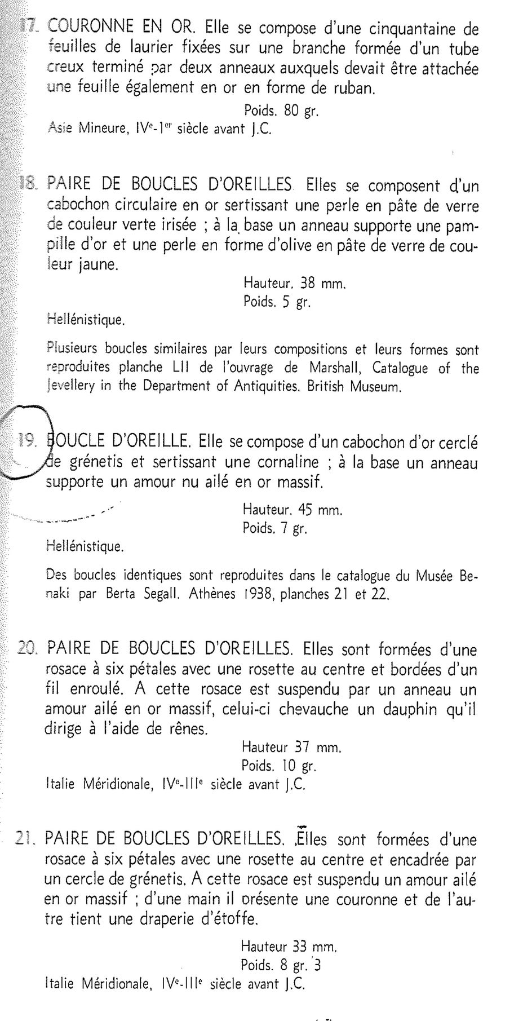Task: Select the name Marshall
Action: pos(332,368)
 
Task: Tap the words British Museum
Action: pos(354,387)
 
